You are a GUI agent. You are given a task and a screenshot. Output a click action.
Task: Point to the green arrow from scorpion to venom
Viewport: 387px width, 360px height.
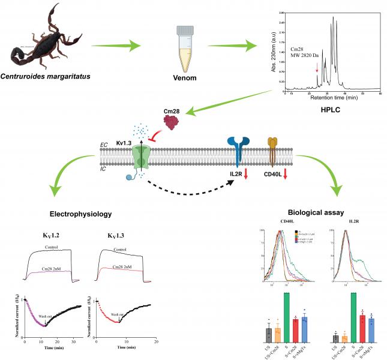click(116, 46)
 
